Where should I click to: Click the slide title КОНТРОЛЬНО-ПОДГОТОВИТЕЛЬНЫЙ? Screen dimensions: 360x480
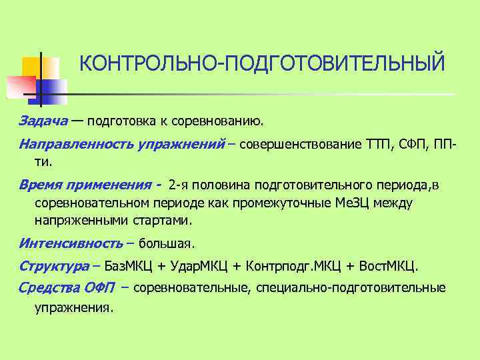tap(261, 64)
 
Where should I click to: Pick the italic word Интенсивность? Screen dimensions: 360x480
tap(70, 243)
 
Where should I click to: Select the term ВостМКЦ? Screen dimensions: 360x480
tap(389, 267)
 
